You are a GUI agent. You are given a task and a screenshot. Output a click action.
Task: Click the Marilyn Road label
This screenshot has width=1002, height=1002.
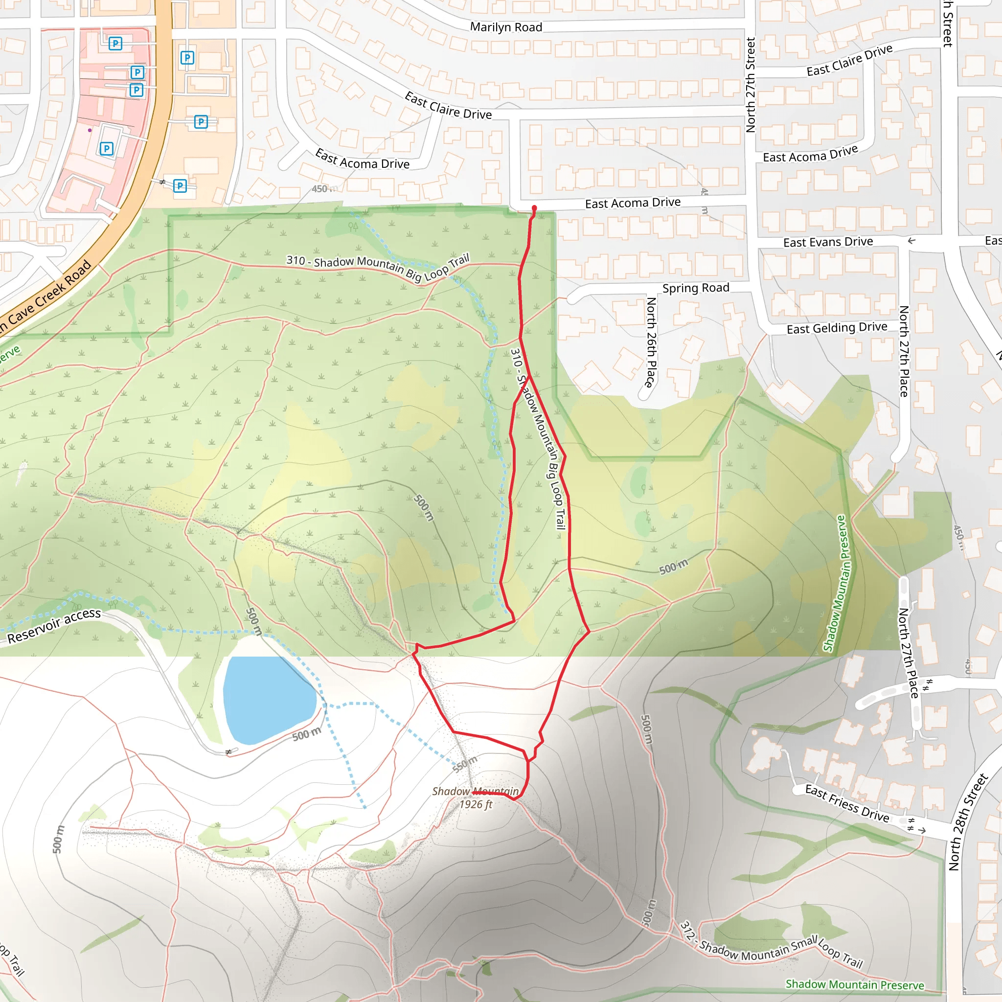[x=506, y=27]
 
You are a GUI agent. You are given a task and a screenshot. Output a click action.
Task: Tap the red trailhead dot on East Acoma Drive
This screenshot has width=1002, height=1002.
[x=534, y=208]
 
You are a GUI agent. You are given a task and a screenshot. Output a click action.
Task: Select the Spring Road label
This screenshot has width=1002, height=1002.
[x=696, y=288]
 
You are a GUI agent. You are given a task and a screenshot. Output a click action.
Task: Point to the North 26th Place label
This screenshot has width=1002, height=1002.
[x=651, y=342]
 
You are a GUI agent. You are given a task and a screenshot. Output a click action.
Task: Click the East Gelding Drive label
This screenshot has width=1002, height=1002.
[x=837, y=328]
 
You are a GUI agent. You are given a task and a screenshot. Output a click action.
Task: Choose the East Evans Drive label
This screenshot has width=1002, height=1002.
[x=828, y=242]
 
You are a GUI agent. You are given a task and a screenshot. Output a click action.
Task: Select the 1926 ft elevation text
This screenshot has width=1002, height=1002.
[x=476, y=804]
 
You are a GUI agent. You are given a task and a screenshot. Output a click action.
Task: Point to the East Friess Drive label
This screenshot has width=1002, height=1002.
[x=847, y=803]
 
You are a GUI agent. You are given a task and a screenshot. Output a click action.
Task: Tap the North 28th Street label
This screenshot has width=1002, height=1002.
[x=968, y=822]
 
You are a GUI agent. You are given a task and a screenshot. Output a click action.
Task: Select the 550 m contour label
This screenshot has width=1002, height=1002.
[x=465, y=764]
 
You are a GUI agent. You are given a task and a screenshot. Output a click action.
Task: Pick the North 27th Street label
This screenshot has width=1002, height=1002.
[x=751, y=85]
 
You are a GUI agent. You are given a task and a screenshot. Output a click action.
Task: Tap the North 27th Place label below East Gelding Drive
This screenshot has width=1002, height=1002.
[x=904, y=351]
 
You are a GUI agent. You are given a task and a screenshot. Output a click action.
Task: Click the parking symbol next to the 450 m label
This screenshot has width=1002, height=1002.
[x=180, y=185]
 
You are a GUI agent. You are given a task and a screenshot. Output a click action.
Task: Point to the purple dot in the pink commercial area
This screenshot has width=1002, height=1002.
[x=90, y=130]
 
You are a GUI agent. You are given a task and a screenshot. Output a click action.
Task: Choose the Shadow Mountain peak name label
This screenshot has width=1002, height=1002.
[x=475, y=791]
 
